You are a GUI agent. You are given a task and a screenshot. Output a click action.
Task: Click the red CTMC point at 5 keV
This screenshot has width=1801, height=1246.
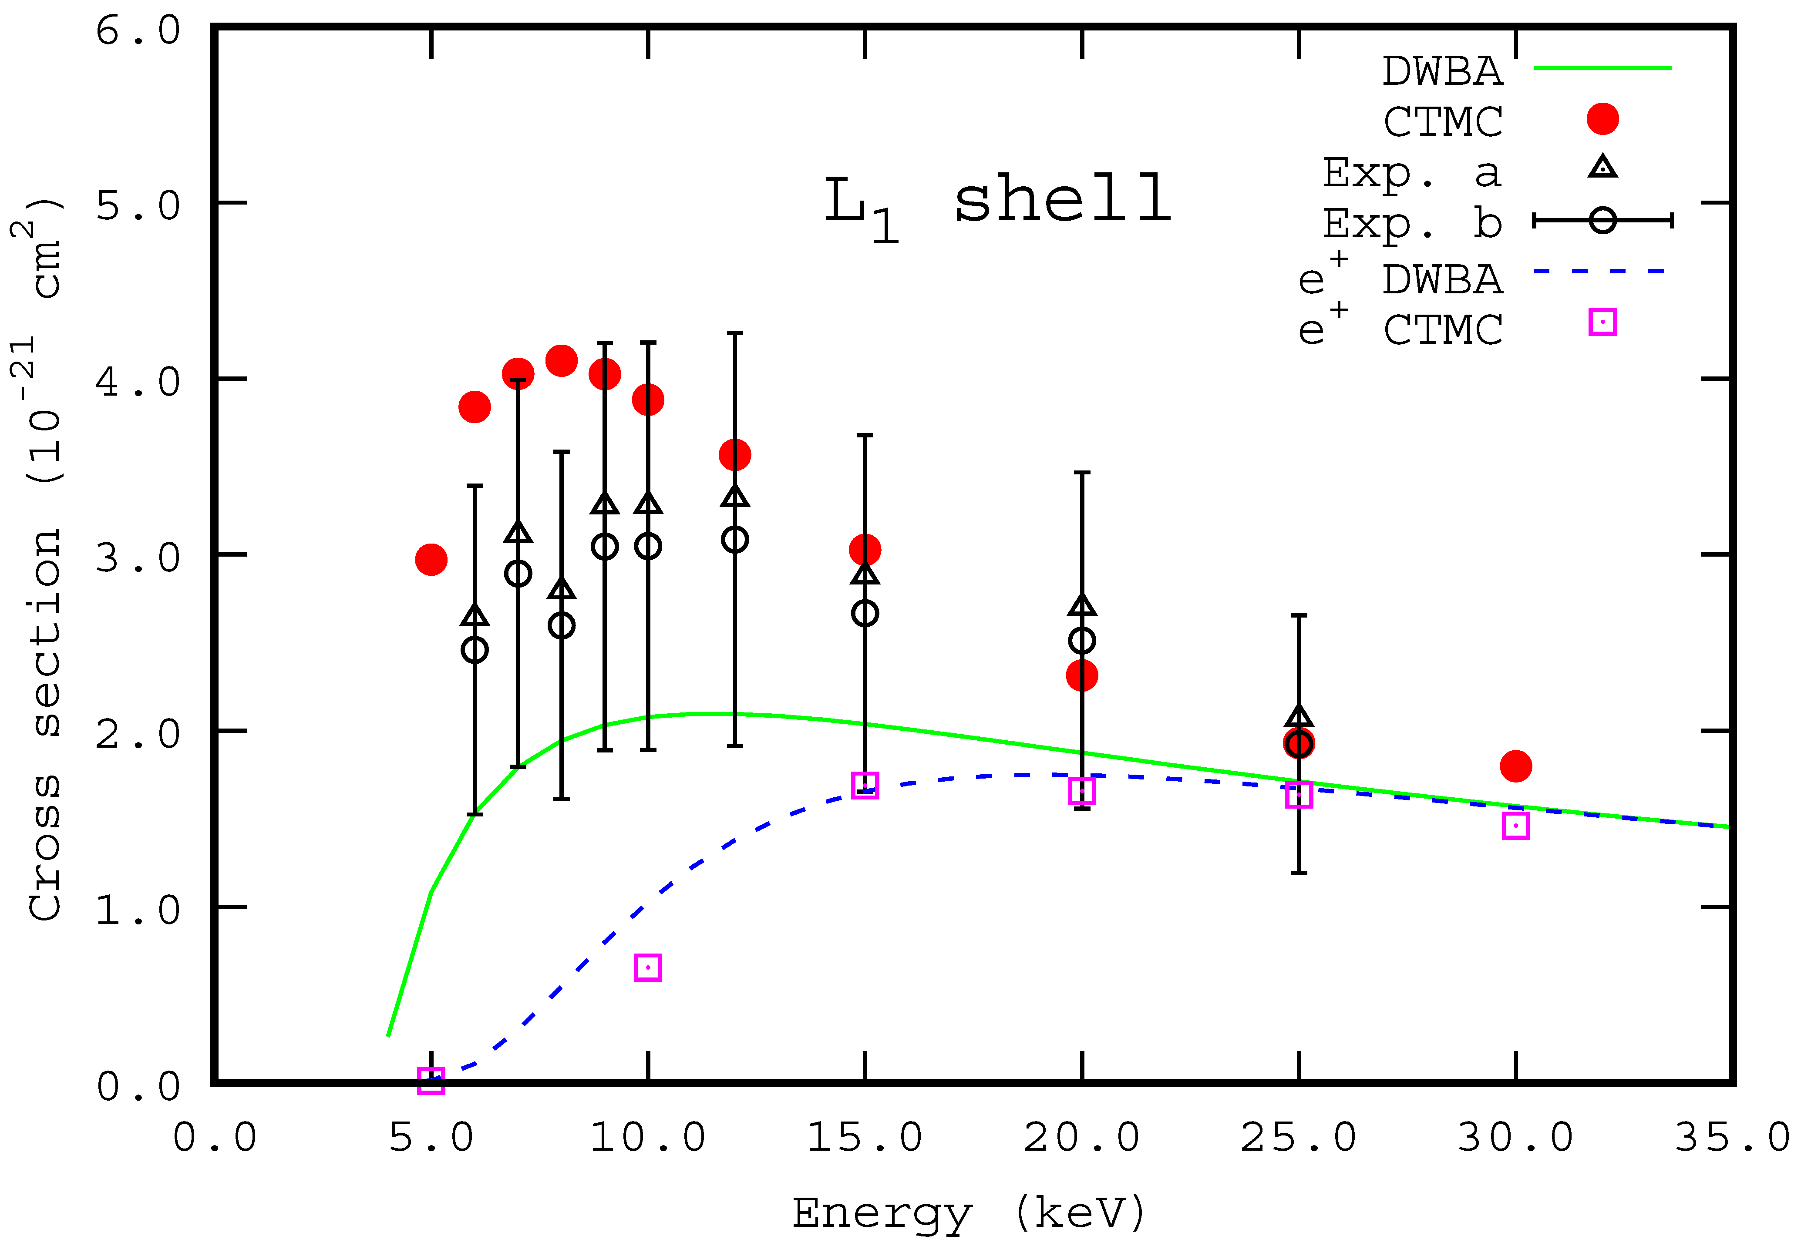(431, 560)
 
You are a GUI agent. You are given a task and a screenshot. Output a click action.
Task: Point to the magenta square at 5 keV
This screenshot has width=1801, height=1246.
(431, 1081)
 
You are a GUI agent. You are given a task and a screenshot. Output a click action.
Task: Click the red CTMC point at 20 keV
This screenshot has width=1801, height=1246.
(1082, 675)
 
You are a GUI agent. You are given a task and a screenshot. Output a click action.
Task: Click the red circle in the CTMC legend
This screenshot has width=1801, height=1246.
(1602, 119)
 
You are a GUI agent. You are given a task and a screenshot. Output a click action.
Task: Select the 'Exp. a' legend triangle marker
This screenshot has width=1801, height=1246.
(1602, 167)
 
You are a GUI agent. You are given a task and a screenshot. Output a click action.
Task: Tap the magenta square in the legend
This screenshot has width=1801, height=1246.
(1602, 322)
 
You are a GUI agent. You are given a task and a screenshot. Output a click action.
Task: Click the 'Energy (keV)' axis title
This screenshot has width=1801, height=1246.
(969, 1212)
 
